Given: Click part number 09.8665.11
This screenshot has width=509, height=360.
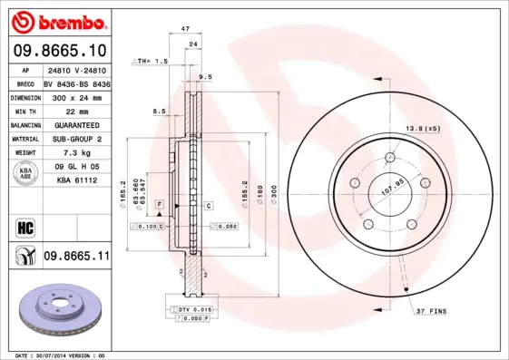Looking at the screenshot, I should (76, 258).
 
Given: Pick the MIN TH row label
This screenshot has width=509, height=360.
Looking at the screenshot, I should (24, 111).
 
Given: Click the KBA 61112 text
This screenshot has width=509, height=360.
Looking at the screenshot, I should (76, 181).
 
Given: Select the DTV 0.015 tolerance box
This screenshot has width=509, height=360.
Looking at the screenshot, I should (192, 308).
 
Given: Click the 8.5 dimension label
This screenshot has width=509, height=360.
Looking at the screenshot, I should (159, 111).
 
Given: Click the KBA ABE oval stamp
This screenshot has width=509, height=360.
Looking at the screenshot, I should (24, 174).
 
